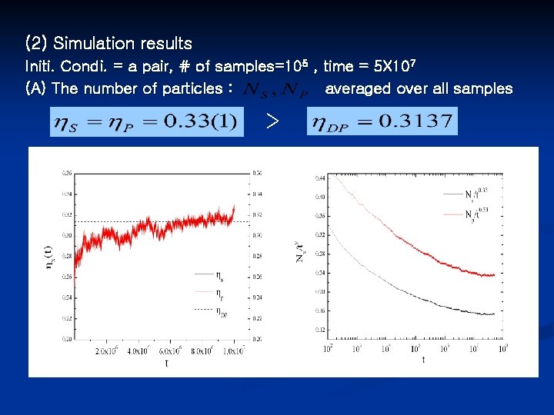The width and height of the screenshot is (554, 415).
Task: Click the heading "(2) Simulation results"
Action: click(108, 43)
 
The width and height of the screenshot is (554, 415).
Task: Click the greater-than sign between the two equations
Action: click(271, 121)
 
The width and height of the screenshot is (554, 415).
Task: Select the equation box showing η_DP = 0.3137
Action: click(382, 121)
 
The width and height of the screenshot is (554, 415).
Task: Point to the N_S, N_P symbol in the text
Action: click(275, 90)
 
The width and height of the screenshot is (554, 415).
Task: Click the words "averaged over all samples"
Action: click(419, 88)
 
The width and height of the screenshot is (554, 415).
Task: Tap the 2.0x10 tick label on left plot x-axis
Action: click(109, 351)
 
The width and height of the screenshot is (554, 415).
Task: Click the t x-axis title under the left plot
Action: click(166, 363)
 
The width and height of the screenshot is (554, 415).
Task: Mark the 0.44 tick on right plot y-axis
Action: click(319, 178)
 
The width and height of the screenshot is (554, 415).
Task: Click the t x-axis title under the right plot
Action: click(422, 359)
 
